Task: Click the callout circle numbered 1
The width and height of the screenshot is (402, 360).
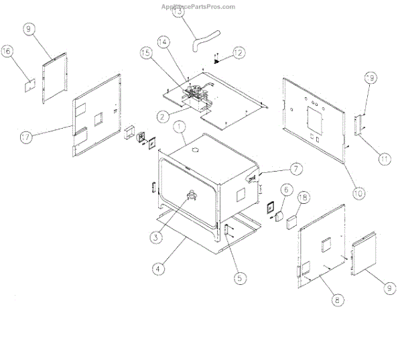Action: pyautogui.click(x=178, y=125)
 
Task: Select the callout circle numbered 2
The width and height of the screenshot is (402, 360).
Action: pyautogui.click(x=162, y=115)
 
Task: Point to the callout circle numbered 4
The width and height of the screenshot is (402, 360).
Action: pyautogui.click(x=157, y=270)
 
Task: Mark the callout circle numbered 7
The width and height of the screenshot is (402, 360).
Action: pyautogui.click(x=277, y=168)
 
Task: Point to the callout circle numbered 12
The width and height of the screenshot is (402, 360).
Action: pyautogui.click(x=239, y=52)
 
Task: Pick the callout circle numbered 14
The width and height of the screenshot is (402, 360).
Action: pyautogui.click(x=161, y=40)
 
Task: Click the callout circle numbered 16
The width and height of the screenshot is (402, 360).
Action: pyautogui.click(x=25, y=52)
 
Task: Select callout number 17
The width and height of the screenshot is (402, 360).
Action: pyautogui.click(x=25, y=137)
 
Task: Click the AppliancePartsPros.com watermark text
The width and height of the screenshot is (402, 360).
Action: pyautogui.click(x=198, y=7)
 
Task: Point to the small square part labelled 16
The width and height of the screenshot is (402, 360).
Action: pyautogui.click(x=29, y=85)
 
